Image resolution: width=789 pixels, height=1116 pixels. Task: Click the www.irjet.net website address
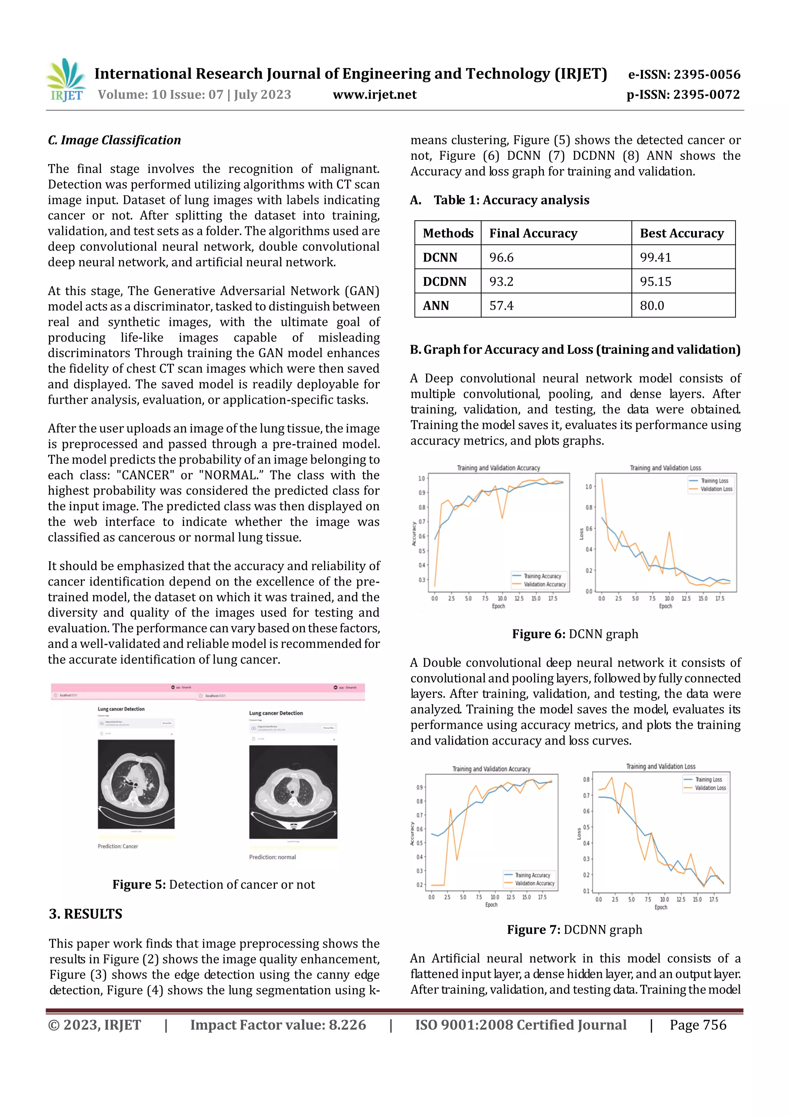click(x=374, y=94)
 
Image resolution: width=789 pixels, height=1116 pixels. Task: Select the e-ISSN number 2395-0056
click(x=683, y=74)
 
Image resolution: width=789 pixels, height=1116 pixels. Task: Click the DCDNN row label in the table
click(x=444, y=282)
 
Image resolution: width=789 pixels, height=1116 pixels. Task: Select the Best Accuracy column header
click(x=682, y=233)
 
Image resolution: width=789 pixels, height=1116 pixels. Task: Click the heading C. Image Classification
click(x=114, y=140)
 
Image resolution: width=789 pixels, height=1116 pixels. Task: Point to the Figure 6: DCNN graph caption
click(x=575, y=634)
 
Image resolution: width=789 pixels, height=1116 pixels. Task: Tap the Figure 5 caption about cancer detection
click(x=213, y=884)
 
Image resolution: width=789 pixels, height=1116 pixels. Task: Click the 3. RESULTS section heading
click(x=86, y=914)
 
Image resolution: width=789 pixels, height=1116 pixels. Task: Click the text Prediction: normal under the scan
click(x=272, y=857)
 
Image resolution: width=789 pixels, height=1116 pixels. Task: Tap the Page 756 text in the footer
click(x=698, y=1025)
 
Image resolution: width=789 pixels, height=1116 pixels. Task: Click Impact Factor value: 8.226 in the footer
click(x=278, y=1025)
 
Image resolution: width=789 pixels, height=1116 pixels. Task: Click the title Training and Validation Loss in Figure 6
click(x=665, y=468)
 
